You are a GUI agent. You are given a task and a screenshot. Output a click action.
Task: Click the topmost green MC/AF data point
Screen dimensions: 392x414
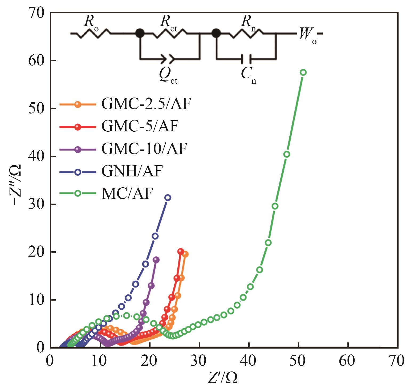pos(303,72)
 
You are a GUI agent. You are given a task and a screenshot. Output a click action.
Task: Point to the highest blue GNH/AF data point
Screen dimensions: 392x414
pos(168,197)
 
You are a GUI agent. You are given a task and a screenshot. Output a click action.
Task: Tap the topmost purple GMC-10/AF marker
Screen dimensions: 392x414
pos(156,260)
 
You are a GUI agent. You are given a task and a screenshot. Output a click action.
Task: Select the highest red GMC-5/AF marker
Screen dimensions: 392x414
pos(181,251)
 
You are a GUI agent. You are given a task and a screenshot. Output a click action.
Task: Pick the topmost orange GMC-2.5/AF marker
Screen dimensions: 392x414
pos(185,254)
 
